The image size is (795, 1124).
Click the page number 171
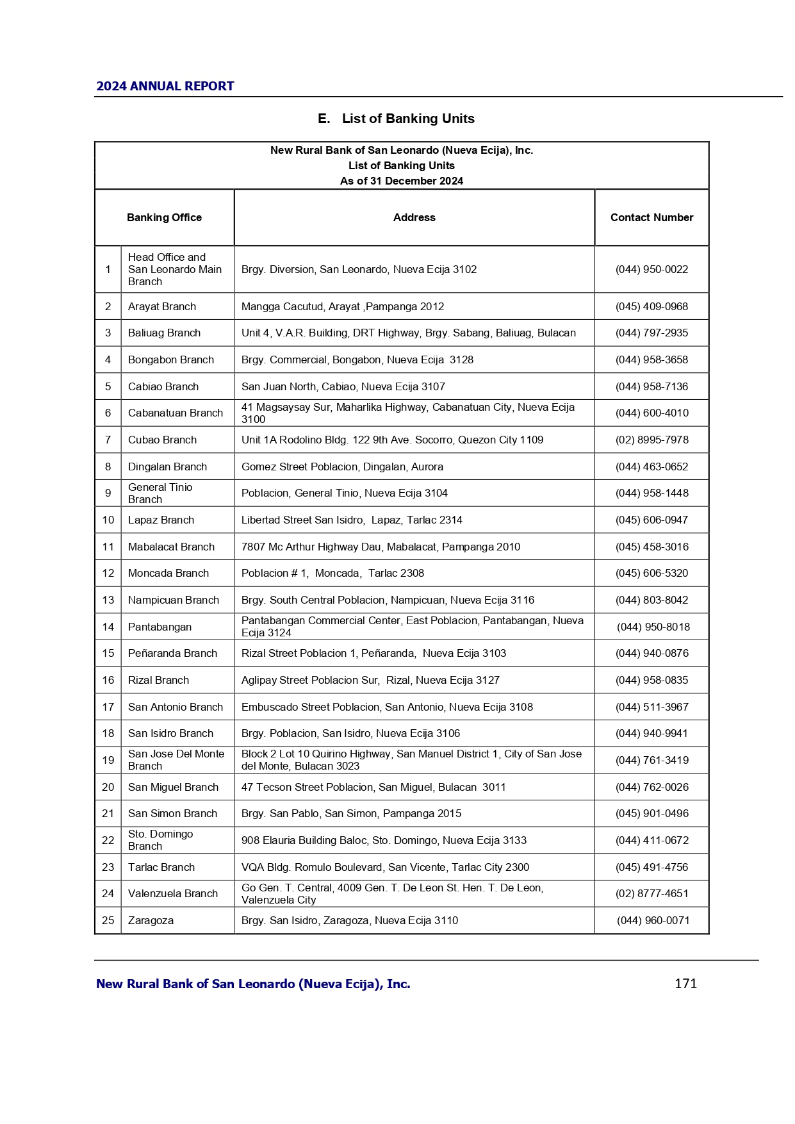tap(685, 984)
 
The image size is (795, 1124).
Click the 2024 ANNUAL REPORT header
tap(165, 87)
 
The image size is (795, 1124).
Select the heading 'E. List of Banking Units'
tap(396, 119)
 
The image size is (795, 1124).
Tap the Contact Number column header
tap(652, 218)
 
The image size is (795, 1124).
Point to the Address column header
tap(414, 218)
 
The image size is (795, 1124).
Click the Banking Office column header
tap(164, 218)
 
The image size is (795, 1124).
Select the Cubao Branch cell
tap(162, 440)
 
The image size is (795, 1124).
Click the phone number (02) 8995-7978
tap(652, 440)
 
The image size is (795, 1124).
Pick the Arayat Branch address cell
tap(343, 307)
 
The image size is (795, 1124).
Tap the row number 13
tap(108, 600)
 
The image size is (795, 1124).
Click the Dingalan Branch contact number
tap(652, 467)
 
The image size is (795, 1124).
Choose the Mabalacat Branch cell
tap(171, 547)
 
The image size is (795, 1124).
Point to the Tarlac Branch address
tap(385, 868)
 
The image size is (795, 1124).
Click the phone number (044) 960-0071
tap(653, 921)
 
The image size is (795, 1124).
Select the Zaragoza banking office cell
tap(151, 921)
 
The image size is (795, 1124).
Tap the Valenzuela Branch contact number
tap(652, 894)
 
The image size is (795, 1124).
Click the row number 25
tap(108, 921)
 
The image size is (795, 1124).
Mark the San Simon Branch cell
tap(172, 814)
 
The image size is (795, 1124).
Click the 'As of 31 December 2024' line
tap(401, 181)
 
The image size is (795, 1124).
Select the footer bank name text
tap(253, 984)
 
